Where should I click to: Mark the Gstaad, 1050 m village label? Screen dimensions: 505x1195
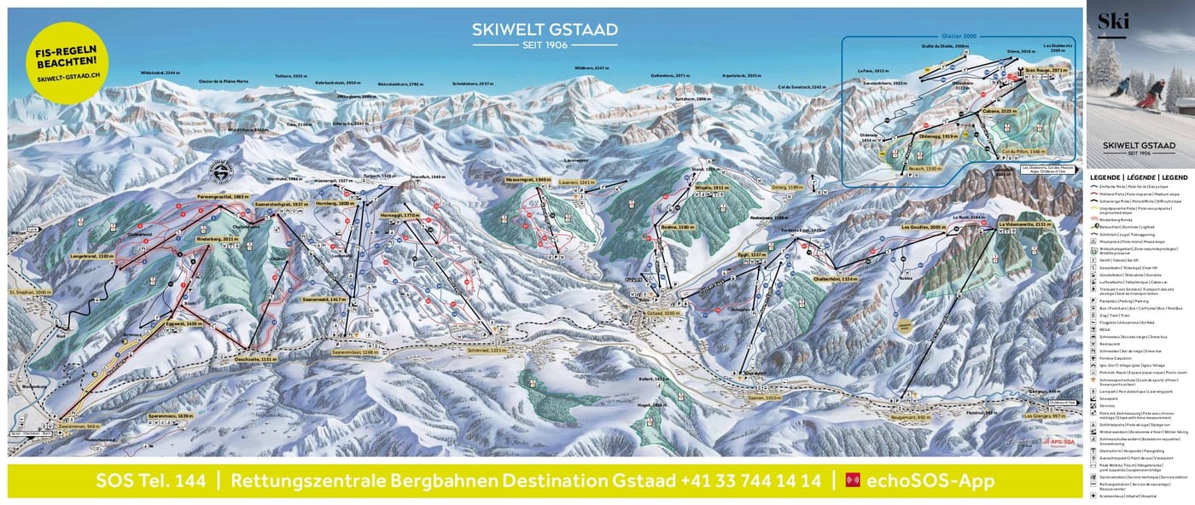pos(650,314)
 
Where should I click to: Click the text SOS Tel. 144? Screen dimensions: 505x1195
pos(151,481)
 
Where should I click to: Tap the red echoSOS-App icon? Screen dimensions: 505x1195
pos(852,480)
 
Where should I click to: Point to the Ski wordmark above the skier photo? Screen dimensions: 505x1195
pos(1113,20)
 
